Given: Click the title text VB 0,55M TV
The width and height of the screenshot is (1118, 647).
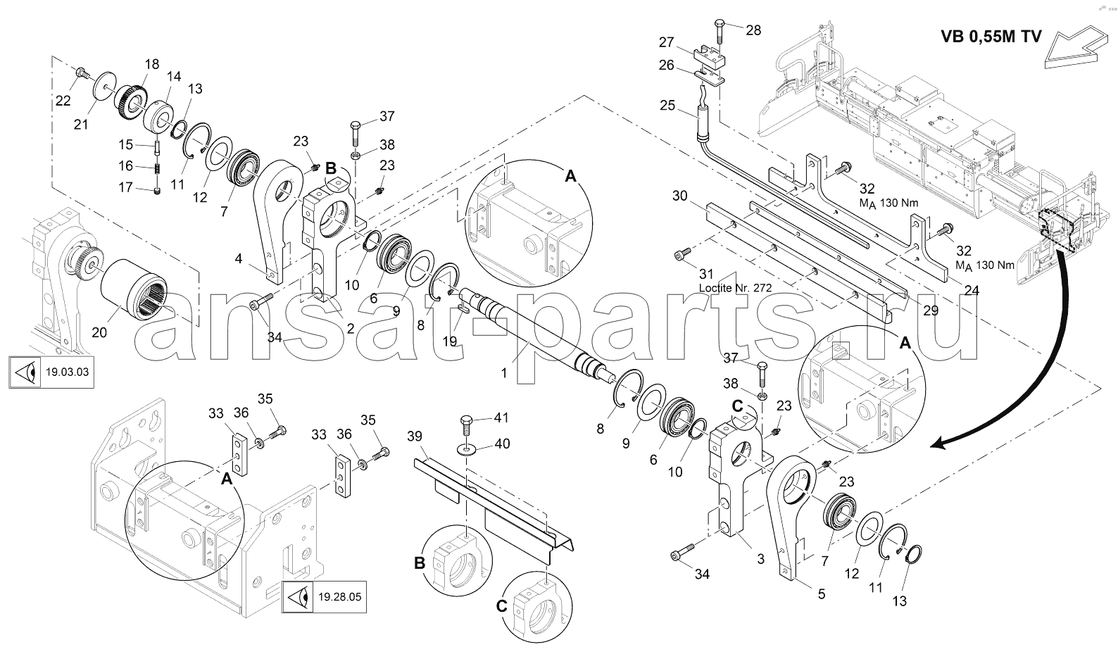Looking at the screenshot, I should (990, 37).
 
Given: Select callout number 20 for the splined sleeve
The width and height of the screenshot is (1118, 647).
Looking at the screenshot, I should (99, 332).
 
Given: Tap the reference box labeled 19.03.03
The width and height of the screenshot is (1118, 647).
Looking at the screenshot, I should (51, 372).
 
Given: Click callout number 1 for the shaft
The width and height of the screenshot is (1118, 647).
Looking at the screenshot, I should (503, 374).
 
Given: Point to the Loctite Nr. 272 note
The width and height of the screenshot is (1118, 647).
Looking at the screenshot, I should (735, 288).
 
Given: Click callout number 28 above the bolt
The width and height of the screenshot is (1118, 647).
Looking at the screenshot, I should (753, 30).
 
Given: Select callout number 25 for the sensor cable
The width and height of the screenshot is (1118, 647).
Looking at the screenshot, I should (667, 106).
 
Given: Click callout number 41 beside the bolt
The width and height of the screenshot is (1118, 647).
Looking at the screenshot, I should (501, 417).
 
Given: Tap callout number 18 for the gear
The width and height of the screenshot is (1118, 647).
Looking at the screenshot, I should (153, 64).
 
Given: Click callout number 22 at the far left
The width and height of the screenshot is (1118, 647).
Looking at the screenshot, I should (63, 101).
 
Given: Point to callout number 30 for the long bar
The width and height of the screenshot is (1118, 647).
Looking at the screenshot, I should (679, 195).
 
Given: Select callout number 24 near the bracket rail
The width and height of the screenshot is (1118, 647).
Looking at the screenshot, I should (971, 289).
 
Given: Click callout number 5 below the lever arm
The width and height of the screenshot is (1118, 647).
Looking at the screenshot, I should (821, 594).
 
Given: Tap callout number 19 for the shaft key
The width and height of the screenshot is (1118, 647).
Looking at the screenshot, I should (449, 341).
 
